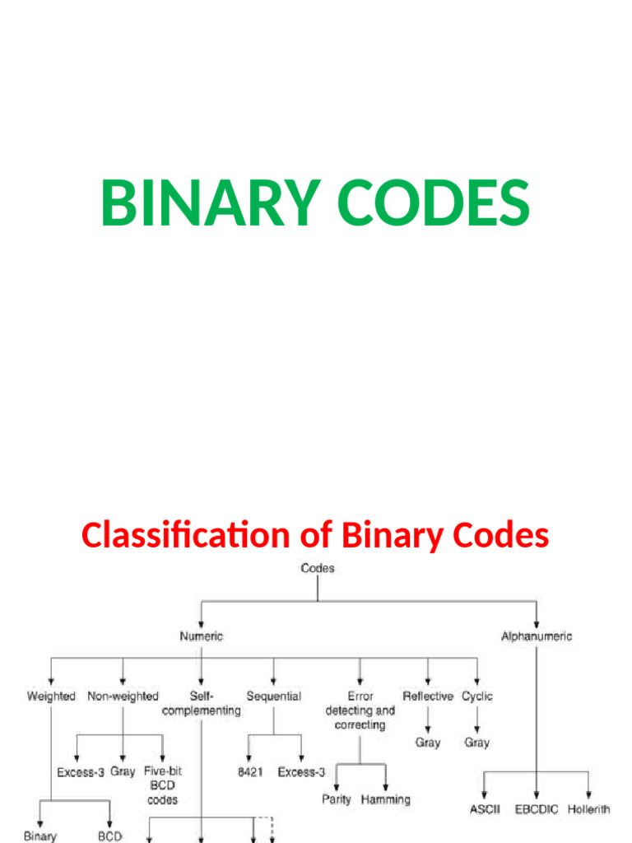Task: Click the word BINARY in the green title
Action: (206, 203)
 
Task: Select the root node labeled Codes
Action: (318, 568)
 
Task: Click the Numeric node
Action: (201, 636)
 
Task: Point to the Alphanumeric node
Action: (537, 636)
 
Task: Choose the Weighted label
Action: (51, 696)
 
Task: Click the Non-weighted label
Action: (123, 696)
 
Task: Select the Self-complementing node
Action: (202, 703)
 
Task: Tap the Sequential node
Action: (273, 696)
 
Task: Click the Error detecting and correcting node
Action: (360, 710)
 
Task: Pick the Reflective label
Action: (428, 696)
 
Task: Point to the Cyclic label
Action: (477, 696)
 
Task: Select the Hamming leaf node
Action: (385, 799)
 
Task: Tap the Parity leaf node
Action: (337, 799)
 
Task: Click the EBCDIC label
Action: (536, 809)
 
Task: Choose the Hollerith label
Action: (588, 809)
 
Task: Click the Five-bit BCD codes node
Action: (162, 785)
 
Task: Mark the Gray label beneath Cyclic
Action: (476, 743)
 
